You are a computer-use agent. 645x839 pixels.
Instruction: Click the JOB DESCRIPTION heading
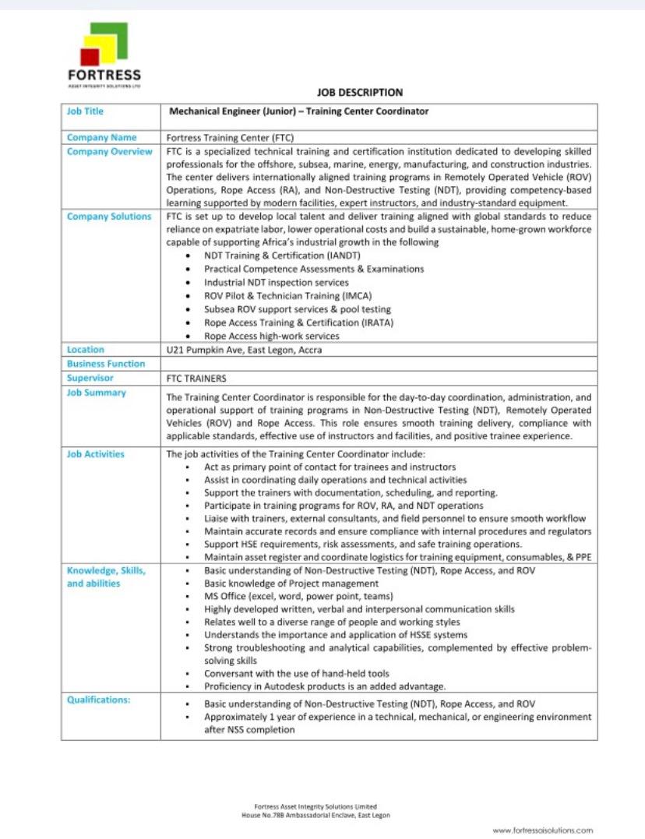pyautogui.click(x=359, y=93)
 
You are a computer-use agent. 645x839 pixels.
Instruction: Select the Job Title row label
pyautogui.click(x=85, y=111)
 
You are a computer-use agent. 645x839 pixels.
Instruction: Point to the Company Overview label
pyautogui.click(x=109, y=151)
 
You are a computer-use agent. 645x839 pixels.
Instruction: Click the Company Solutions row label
pyautogui.click(x=109, y=217)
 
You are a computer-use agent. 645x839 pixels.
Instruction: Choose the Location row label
pyautogui.click(x=86, y=350)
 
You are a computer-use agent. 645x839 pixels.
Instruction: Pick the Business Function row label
pyautogui.click(x=106, y=364)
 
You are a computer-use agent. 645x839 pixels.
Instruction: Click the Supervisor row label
pyautogui.click(x=90, y=378)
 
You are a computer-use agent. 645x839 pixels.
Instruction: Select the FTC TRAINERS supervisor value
pyautogui.click(x=196, y=379)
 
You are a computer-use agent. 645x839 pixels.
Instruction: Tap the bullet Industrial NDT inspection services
pyautogui.click(x=277, y=282)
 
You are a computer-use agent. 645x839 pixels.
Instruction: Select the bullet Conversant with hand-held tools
pyautogui.click(x=297, y=673)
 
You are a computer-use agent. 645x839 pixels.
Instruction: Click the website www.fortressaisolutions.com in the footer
pyautogui.click(x=542, y=830)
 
